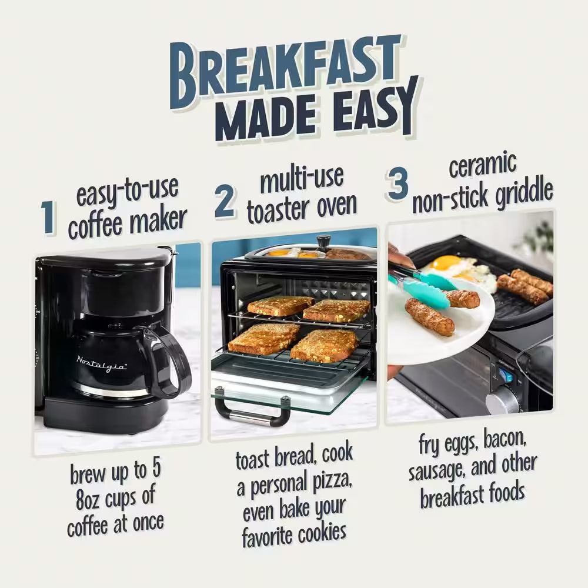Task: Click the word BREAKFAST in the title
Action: pos(285,72)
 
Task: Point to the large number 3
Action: pos(398,184)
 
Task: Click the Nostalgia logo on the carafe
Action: pos(101,363)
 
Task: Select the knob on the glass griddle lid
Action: pos(323,241)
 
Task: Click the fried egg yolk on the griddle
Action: pos(446,263)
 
